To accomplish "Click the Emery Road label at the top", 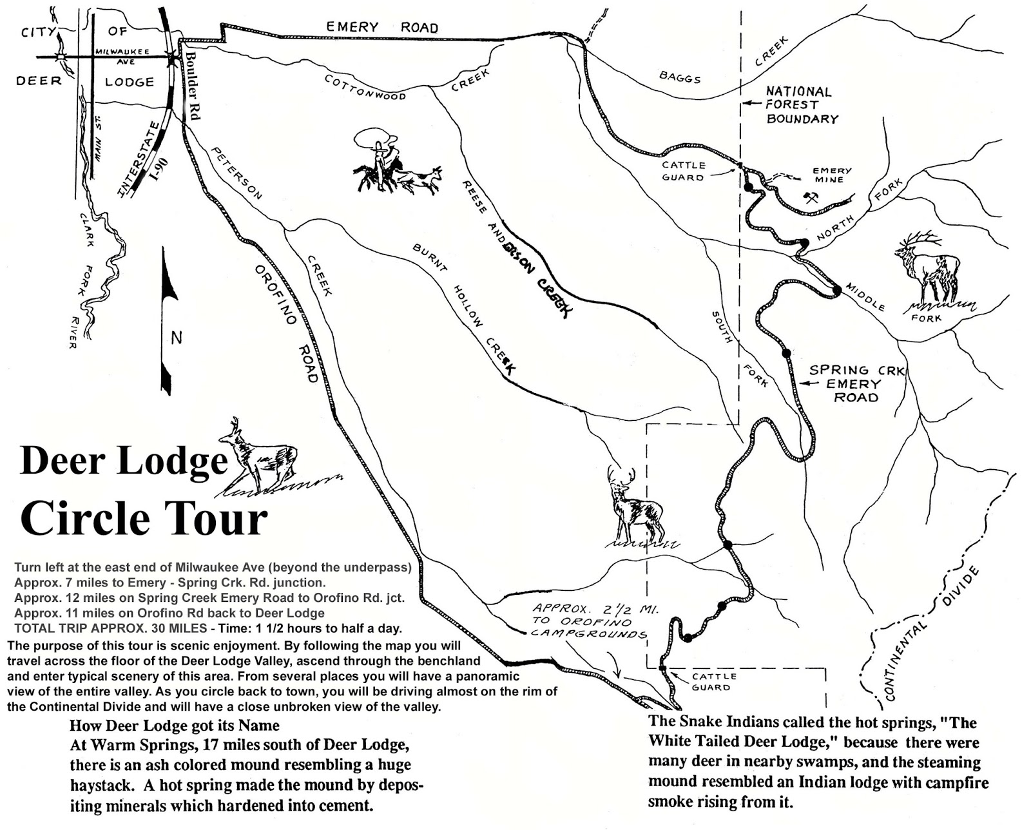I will (x=381, y=27).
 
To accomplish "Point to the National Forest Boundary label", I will (x=801, y=105).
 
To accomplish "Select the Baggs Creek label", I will (x=679, y=77).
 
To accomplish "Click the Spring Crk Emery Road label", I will (x=856, y=383).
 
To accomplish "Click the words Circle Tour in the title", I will (x=143, y=519).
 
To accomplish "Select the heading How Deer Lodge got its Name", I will (x=175, y=725).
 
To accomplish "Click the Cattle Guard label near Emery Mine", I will (x=683, y=171).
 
